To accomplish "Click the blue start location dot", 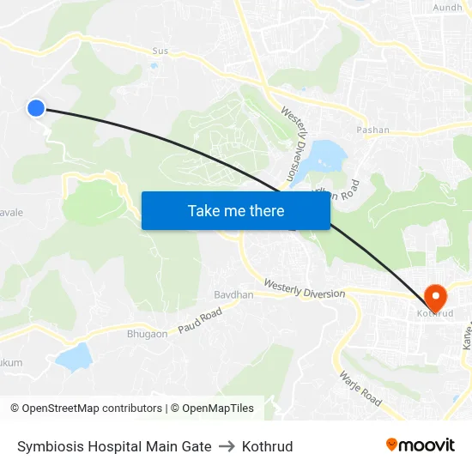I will tap(35, 107).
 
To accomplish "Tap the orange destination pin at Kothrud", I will tap(435, 298).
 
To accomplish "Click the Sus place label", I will tap(160, 51).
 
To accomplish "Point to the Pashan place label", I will tap(372, 130).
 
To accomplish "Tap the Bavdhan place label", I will tap(233, 294).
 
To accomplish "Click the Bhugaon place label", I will tap(148, 334).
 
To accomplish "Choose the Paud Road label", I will tap(200, 320).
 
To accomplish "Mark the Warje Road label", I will tap(360, 389).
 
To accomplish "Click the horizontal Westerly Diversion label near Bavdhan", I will tap(304, 288).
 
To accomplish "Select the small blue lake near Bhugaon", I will tap(75, 355).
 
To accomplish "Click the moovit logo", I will tap(420, 445).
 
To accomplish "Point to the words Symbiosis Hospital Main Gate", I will tap(114, 446).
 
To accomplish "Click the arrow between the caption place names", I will tap(227, 446).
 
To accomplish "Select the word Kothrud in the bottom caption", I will tap(267, 446).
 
